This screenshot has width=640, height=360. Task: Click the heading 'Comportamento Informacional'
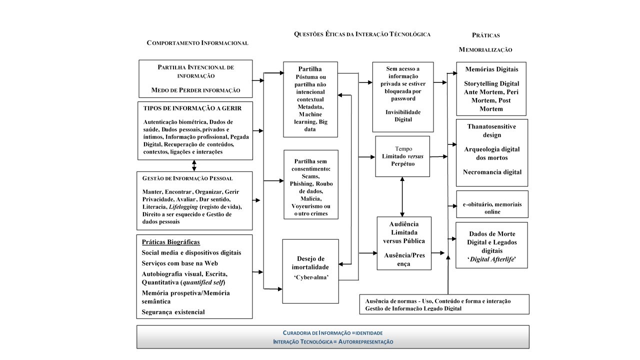coord(197,43)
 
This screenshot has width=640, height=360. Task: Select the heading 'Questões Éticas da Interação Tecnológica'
coord(362,34)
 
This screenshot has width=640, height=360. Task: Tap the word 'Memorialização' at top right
coord(485,50)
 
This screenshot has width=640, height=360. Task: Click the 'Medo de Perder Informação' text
coord(195,90)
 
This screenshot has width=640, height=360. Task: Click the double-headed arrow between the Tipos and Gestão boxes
coord(194,165)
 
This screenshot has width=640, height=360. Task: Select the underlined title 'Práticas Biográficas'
coord(171,242)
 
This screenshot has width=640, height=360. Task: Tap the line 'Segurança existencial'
coord(173,312)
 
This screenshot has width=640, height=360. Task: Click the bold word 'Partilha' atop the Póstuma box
coord(310,69)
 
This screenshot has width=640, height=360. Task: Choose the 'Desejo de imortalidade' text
coord(310,263)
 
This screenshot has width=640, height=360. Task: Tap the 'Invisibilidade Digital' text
coord(403,116)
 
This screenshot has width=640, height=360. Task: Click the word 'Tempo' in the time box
coord(403,148)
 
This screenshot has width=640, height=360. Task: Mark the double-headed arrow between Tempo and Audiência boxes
coord(402,196)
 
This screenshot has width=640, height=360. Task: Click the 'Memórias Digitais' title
coord(492,69)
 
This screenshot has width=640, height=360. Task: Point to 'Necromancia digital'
coord(492,172)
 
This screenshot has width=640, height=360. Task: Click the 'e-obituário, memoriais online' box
coord(492,208)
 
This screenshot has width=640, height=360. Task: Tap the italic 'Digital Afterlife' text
coord(492,259)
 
